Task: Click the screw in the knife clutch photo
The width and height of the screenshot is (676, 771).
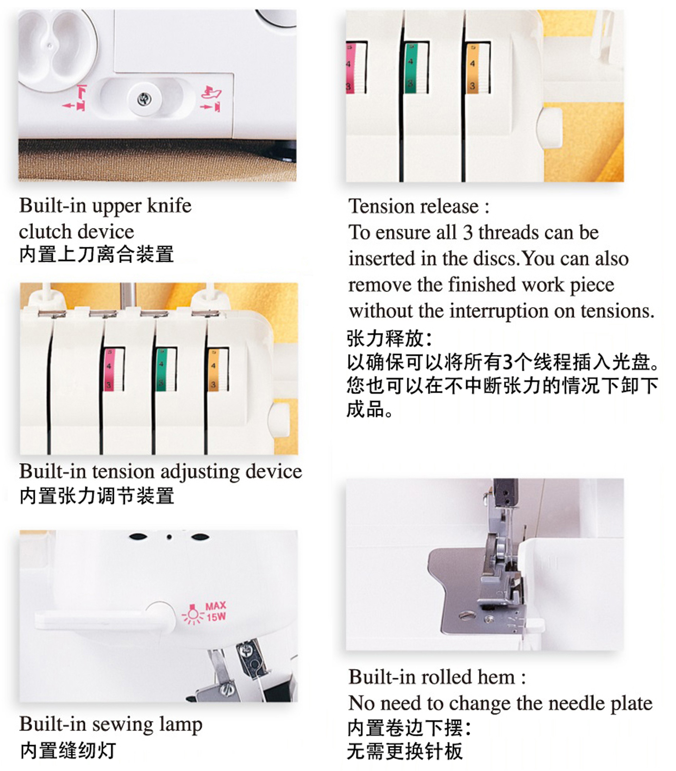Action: [144, 99]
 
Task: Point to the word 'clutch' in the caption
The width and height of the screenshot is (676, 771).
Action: [46, 231]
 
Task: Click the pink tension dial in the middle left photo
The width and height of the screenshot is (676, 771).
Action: [114, 370]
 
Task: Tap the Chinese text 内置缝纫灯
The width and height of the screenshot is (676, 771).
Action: [68, 751]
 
